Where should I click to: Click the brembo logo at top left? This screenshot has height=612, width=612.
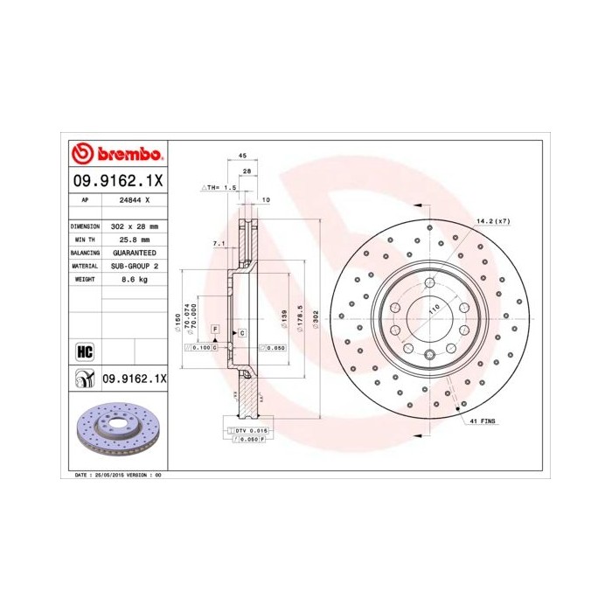click(x=116, y=154)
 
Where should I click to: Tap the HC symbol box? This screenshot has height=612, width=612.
click(x=86, y=351)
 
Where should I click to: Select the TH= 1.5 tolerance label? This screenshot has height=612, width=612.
click(x=221, y=187)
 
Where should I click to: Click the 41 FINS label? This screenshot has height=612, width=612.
click(x=481, y=421)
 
